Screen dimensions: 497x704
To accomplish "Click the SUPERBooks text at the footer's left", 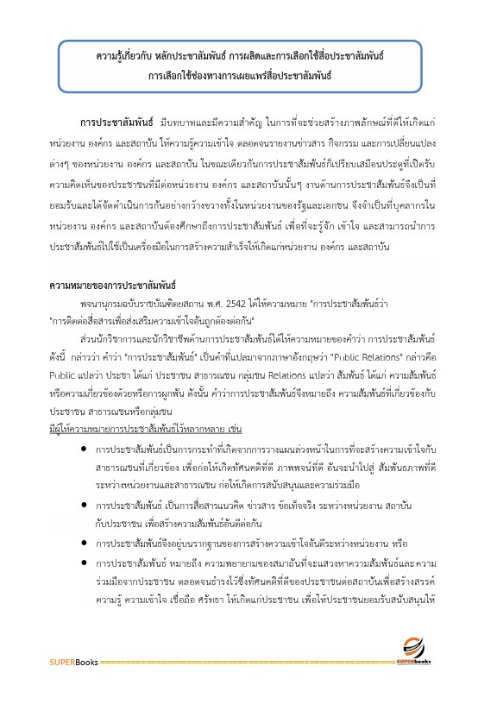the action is click(73, 663).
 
